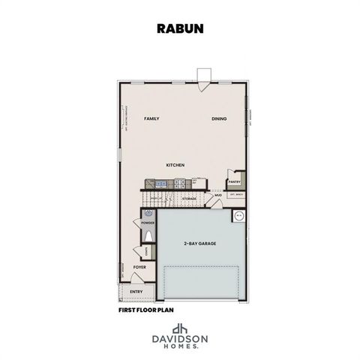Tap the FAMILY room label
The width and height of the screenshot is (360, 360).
[151, 118]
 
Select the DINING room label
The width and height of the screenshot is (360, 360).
[219, 118]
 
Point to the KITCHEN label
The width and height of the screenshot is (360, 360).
[175, 165]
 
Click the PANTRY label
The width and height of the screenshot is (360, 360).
[234, 181]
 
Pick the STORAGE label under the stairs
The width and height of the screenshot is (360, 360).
[188, 199]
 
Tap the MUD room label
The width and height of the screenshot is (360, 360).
[218, 195]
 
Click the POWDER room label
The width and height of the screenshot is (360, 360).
[147, 223]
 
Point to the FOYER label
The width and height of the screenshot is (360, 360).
[139, 267]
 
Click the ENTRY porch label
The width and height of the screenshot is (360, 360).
[136, 291]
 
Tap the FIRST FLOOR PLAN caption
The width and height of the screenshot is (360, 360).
[146, 309]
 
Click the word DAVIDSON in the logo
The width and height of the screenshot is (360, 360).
[180, 340]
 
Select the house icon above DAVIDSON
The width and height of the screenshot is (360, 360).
[180, 328]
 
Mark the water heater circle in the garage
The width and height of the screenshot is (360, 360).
[239, 216]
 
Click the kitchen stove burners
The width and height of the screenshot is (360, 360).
[179, 182]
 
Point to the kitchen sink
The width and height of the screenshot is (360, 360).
[161, 182]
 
